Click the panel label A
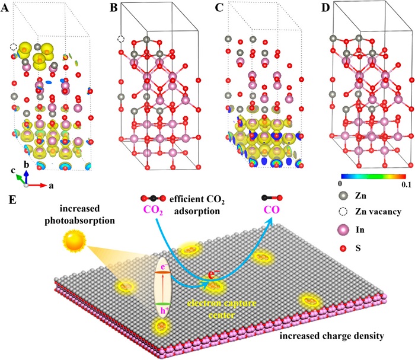coord(5,8)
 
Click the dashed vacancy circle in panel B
coord(121,39)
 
